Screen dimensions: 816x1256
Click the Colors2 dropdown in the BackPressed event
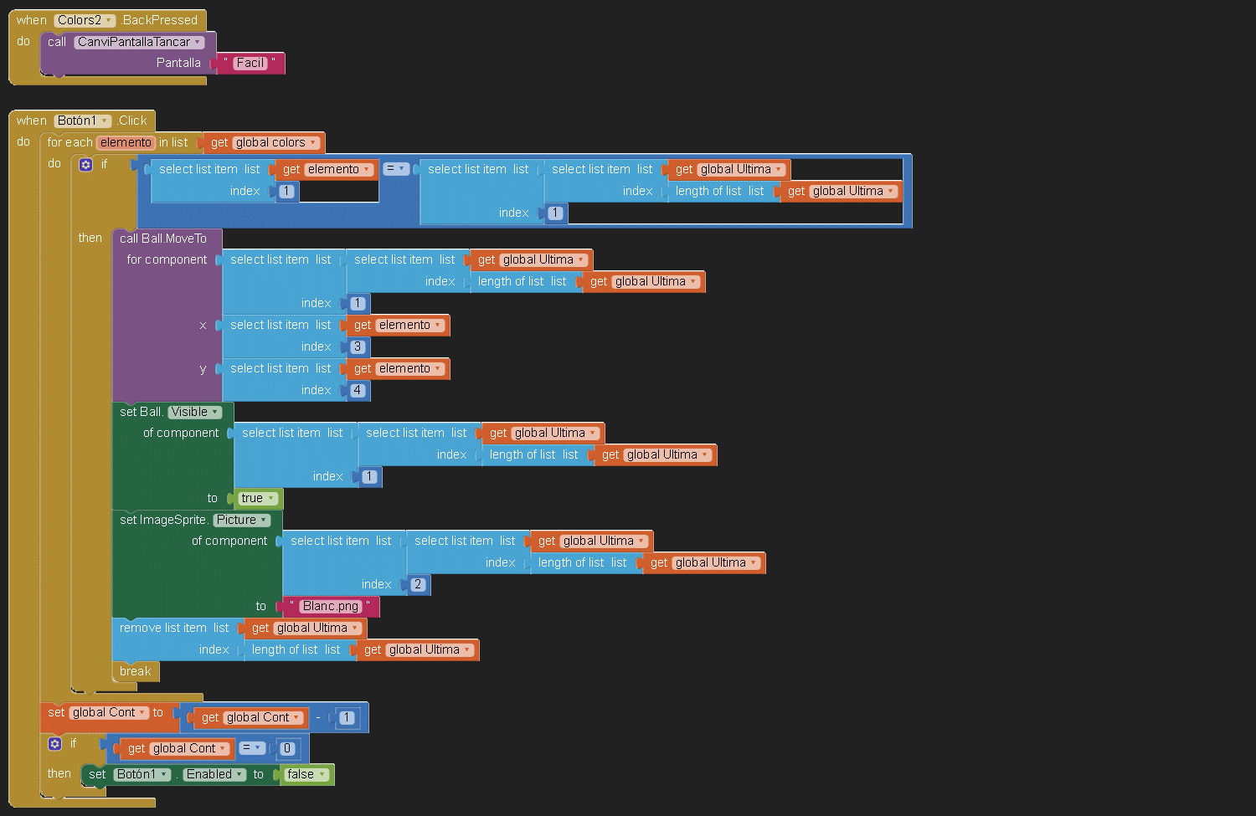coord(85,20)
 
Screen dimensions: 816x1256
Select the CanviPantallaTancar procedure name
coord(139,42)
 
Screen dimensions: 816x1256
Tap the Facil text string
coord(250,63)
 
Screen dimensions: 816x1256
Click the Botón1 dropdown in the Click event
coord(83,121)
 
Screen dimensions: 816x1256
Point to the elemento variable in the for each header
coord(126,142)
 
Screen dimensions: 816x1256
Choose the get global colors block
coord(264,142)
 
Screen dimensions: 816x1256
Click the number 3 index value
coord(358,346)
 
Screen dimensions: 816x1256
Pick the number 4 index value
coord(358,390)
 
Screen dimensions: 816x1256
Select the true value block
coord(257,498)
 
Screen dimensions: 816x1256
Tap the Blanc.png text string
coord(331,606)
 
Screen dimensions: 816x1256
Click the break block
coord(135,671)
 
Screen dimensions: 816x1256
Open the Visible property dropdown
coord(194,412)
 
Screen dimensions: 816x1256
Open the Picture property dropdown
coord(241,520)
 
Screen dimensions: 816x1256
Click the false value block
coord(305,774)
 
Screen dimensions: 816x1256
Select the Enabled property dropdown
coord(214,774)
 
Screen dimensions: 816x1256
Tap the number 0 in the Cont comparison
coord(287,748)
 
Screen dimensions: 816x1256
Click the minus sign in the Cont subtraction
coord(318,717)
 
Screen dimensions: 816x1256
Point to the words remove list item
coord(162,628)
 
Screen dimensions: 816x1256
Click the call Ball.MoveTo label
coord(162,239)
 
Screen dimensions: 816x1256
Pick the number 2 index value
coord(418,584)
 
